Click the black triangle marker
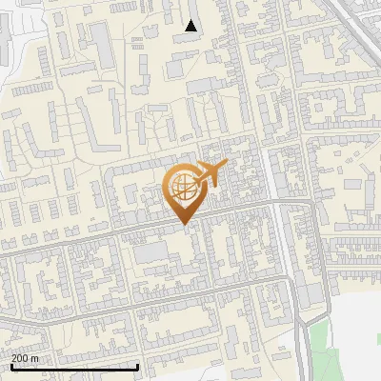[191, 26]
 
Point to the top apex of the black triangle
[191, 19]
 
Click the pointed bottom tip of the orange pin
[184, 226]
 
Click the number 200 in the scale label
[20, 358]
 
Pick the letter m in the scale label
[34, 358]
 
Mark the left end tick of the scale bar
[10, 366]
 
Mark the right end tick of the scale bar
[138, 366]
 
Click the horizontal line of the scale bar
[74, 368]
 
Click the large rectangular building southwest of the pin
[150, 253]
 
